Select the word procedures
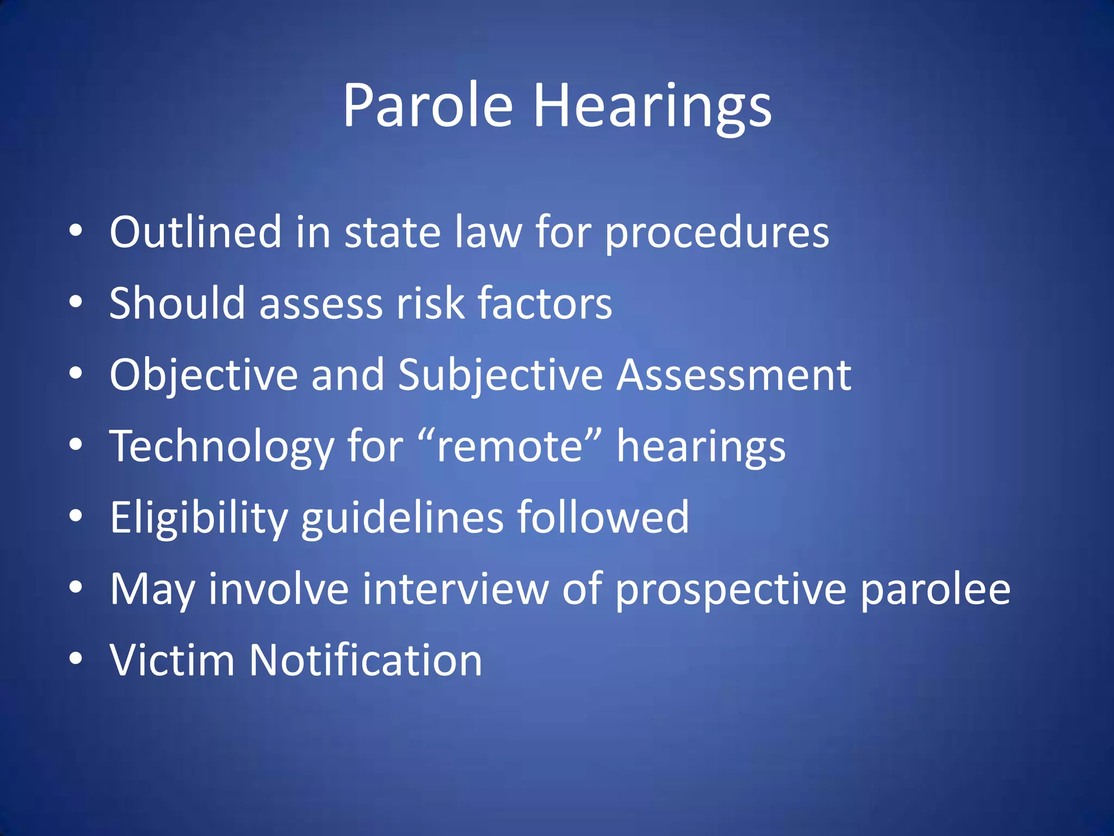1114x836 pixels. (717, 233)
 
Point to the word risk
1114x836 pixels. (430, 303)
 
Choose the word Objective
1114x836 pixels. (203, 375)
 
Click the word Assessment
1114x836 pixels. (734, 375)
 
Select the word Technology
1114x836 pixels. (222, 447)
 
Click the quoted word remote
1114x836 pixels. (510, 447)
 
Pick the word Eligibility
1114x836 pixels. (199, 518)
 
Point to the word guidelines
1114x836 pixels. (403, 518)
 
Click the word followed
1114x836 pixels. (603, 518)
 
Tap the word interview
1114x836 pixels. (455, 589)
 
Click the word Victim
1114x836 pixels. (172, 660)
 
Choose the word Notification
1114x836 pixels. (365, 660)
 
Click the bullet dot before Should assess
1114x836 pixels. (76, 302)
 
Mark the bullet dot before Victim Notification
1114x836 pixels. (76, 659)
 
